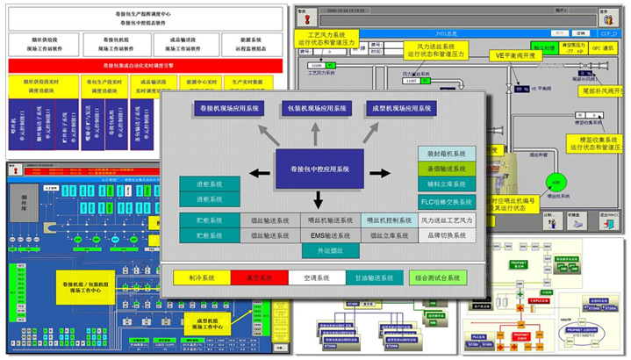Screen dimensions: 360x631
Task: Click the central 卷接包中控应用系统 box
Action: pyautogui.click(x=312, y=168)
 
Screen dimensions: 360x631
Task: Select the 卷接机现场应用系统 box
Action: pyautogui.click(x=229, y=109)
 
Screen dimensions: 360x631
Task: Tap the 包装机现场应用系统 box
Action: pyautogui.click(x=314, y=109)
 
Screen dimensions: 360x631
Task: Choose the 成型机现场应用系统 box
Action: pyautogui.click(x=400, y=109)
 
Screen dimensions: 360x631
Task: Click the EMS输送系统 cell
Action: pyautogui.click(x=328, y=235)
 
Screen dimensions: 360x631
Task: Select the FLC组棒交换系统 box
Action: pyautogui.click(x=447, y=200)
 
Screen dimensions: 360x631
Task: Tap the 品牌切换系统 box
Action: pyautogui.click(x=447, y=235)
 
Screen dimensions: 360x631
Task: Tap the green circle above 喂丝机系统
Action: pyautogui.click(x=554, y=182)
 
